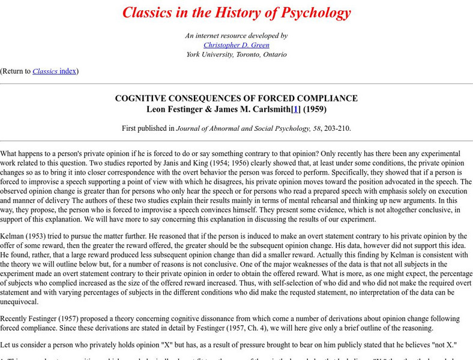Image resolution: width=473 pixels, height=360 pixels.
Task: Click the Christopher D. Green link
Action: point(237,45)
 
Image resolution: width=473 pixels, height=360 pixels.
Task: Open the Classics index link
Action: point(54,71)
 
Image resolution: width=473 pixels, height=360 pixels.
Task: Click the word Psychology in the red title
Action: point(312,12)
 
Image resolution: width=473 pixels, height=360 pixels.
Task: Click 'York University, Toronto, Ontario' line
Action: point(237,54)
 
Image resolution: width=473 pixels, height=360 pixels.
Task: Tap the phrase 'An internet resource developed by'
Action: point(237,35)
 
